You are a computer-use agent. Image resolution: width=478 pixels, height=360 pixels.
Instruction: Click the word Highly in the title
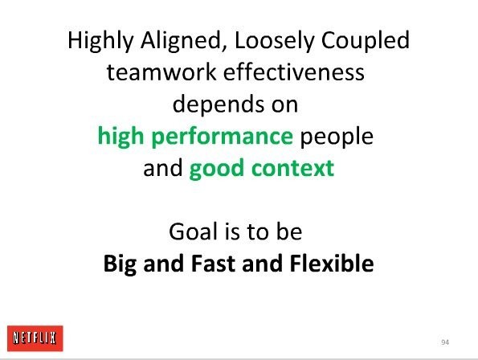[x=100, y=41]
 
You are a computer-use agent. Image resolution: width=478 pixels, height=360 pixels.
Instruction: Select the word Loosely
[x=275, y=41]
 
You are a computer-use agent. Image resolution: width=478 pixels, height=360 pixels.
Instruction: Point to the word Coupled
[x=366, y=41]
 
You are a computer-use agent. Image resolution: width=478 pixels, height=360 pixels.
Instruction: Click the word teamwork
[x=161, y=72]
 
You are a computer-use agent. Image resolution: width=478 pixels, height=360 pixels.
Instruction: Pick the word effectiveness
[x=294, y=72]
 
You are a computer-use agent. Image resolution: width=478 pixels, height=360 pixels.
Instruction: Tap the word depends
[x=219, y=105]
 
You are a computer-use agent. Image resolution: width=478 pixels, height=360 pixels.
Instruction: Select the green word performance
[x=223, y=137]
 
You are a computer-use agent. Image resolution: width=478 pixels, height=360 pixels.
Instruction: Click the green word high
[x=121, y=137]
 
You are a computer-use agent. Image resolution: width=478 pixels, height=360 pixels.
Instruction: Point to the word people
[x=337, y=137]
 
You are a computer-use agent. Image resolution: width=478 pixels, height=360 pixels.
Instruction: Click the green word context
[x=293, y=168]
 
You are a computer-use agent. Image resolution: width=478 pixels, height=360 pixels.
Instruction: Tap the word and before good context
[x=163, y=168]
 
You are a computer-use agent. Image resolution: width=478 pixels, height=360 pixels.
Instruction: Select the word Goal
[x=193, y=231]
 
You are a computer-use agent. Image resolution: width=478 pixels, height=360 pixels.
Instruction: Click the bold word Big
[x=120, y=264]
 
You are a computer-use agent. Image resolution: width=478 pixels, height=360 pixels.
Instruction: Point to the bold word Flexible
[x=332, y=263]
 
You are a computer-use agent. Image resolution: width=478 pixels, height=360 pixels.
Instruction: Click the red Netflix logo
[x=35, y=338]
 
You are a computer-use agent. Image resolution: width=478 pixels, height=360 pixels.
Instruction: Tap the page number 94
[x=445, y=342]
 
